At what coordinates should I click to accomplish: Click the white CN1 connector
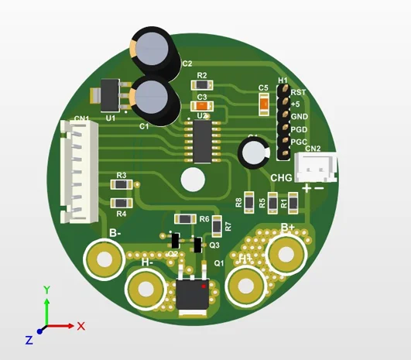click(78, 170)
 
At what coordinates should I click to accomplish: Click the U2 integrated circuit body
click(202, 141)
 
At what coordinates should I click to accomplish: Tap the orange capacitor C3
click(202, 106)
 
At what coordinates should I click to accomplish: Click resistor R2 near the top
click(202, 84)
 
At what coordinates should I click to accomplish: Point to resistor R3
click(121, 185)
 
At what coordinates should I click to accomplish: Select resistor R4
click(121, 204)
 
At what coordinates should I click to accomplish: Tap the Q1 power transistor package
click(191, 294)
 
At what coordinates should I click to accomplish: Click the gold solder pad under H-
click(145, 290)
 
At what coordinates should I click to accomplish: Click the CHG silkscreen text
click(281, 179)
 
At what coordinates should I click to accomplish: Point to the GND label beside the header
click(299, 116)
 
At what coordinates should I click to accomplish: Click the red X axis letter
click(80, 326)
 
